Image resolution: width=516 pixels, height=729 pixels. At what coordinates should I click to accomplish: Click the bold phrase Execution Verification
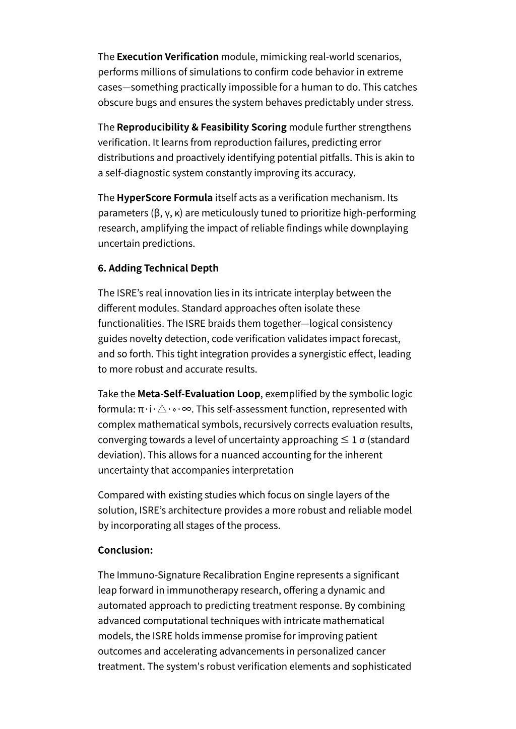coord(167,56)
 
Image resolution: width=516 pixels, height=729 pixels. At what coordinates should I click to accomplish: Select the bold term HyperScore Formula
coord(164,197)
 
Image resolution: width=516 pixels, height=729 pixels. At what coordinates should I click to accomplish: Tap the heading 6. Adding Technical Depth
coord(158,268)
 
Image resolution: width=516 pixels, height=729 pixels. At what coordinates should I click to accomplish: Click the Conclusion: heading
coord(125,550)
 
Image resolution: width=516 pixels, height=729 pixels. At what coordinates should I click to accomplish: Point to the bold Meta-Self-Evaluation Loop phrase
coord(199,394)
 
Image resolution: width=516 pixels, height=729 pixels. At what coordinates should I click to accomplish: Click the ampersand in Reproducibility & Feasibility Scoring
coord(194,127)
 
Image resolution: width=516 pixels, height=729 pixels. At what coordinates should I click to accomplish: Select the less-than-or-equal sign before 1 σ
coord(345,440)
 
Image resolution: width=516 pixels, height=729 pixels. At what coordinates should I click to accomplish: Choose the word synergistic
coord(329,353)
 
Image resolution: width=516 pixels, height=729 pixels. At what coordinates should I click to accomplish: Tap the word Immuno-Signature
coord(158,575)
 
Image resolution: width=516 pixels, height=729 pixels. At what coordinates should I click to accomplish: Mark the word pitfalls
coord(335,158)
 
